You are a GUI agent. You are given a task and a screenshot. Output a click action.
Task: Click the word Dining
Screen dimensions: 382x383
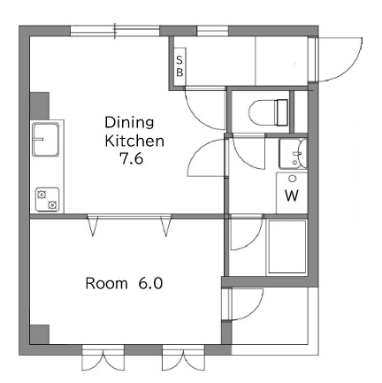129,122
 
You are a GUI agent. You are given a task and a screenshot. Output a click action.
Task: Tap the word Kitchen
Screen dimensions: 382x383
134,141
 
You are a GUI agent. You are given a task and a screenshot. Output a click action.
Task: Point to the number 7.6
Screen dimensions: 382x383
131,159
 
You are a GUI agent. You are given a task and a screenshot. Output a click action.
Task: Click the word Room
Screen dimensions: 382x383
106,283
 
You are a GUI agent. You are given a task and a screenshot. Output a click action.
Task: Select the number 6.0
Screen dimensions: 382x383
150,283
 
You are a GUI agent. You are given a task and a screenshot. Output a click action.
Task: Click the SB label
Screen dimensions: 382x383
180,66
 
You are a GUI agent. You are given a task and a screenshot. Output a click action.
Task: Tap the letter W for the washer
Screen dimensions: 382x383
292,195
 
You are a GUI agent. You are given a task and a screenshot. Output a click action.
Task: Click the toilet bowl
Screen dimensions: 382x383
263,112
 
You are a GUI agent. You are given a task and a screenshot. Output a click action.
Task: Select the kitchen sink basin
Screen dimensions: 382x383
46,139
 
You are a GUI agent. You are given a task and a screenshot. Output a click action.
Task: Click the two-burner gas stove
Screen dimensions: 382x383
48,200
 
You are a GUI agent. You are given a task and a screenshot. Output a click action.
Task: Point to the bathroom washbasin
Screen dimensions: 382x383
293,154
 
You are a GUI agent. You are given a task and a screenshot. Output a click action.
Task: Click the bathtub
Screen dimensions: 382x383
287,247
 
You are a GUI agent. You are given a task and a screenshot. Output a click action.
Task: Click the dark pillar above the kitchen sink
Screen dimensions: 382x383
40,106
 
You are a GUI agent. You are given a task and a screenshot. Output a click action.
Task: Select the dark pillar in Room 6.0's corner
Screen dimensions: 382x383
40,334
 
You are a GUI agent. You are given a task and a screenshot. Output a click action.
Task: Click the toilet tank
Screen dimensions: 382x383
281,112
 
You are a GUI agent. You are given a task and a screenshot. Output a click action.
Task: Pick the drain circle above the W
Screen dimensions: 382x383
293,179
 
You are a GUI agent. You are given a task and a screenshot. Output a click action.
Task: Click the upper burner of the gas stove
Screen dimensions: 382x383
42,195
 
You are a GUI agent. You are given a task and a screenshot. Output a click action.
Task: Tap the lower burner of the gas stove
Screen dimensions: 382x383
52,204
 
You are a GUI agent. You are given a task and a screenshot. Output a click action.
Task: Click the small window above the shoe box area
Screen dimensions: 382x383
212,31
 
